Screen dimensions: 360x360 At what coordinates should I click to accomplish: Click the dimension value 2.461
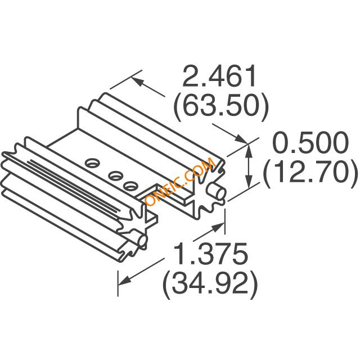click(x=219, y=76)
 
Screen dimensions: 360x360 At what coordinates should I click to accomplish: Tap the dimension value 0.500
click(x=310, y=142)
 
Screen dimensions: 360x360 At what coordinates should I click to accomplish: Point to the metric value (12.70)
click(x=310, y=173)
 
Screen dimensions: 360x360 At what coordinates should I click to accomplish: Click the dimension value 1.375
click(x=211, y=254)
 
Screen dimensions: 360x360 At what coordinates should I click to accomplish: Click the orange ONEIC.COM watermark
click(x=181, y=182)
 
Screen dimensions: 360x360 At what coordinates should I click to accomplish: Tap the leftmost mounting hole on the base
click(x=92, y=163)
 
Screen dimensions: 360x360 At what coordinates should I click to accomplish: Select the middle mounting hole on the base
click(x=116, y=176)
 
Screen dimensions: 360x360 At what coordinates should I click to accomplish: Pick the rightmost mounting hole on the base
click(x=130, y=186)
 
